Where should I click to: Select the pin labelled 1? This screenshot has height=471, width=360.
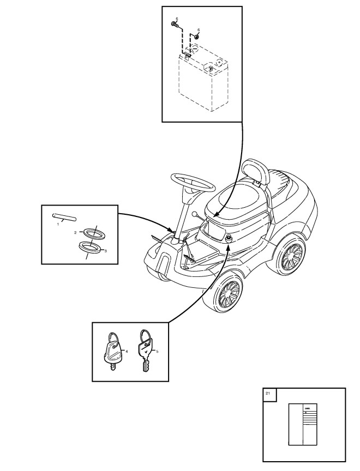[64, 216]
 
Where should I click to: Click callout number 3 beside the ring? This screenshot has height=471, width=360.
[105, 250]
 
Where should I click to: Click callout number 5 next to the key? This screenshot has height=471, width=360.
[157, 352]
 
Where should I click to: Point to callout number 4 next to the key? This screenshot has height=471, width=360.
[127, 352]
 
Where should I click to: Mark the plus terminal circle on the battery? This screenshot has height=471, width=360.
[218, 63]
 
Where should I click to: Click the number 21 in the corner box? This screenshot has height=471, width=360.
[267, 393]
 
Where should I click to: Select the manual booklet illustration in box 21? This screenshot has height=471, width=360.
[303, 424]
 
